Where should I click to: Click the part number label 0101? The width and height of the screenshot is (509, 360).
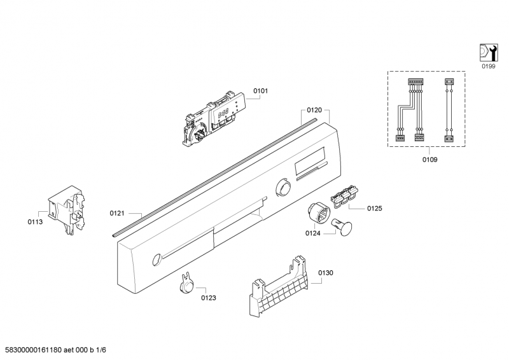pos(260,91)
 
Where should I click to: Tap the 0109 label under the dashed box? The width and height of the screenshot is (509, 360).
pos(429,160)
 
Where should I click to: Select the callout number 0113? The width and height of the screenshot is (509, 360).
pos(35,222)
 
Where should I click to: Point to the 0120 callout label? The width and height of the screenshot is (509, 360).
pos(314,111)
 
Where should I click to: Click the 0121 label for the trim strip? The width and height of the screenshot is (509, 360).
pos(117,213)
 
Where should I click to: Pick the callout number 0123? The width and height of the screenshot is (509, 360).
pos(209,298)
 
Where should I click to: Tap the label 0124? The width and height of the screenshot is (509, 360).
pos(312,233)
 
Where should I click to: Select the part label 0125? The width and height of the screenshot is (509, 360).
pos(374,209)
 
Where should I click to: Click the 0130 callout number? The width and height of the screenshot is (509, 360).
pos(325,273)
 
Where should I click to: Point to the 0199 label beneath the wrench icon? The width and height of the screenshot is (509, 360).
pos(488,67)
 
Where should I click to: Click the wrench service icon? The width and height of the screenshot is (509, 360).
pos(489,53)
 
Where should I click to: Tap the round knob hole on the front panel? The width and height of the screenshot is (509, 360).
pos(282,187)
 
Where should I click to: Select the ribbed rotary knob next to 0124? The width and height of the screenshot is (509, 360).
pos(319,213)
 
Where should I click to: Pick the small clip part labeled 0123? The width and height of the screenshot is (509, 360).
pos(186,284)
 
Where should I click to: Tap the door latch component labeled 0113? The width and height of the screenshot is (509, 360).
pos(67,210)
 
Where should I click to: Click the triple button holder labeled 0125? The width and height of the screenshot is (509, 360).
pos(344,196)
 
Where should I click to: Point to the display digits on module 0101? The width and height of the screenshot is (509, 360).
pos(223,113)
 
